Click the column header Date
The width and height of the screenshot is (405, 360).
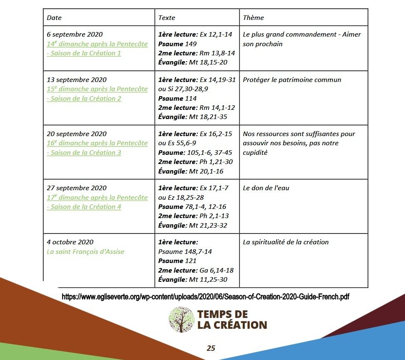tap(54, 17)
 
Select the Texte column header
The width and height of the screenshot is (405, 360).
tap(166, 17)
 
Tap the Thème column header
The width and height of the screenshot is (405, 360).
tap(253, 17)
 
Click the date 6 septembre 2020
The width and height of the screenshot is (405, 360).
tap(75, 35)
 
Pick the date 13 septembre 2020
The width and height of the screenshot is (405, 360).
tap(77, 80)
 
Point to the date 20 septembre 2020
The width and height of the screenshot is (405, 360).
tap(77, 134)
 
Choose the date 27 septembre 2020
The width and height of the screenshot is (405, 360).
tap(77, 188)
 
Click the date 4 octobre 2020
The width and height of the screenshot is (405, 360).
tap(70, 242)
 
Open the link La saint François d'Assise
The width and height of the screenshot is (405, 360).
tap(85, 251)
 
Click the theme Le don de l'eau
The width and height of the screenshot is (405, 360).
tap(266, 188)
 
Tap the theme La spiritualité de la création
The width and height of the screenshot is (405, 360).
tap(286, 242)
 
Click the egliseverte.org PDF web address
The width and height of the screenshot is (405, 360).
tap(205, 297)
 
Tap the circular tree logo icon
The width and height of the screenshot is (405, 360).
tap(181, 320)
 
